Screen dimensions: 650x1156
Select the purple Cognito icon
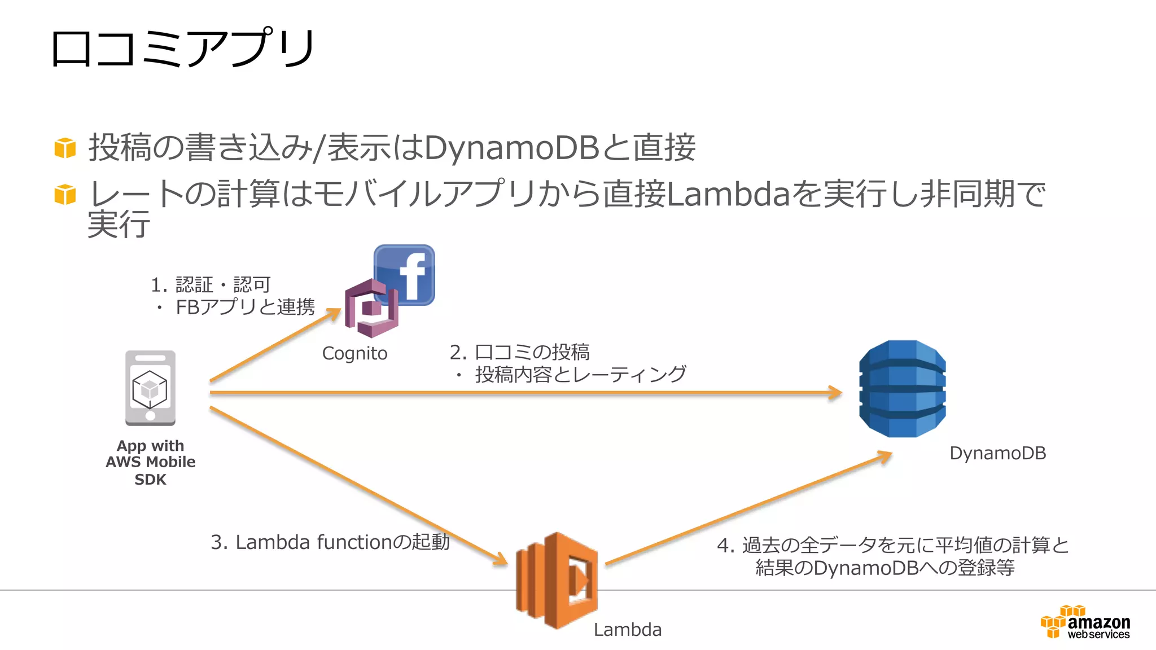pyautogui.click(x=371, y=308)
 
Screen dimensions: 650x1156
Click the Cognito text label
pyautogui.click(x=354, y=354)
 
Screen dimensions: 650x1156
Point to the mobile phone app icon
pyautogui.click(x=150, y=388)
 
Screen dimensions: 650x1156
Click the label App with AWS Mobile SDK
pyautogui.click(x=150, y=462)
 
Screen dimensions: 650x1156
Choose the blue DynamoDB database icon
pyautogui.click(x=902, y=389)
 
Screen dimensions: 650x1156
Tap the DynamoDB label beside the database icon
pyautogui.click(x=997, y=453)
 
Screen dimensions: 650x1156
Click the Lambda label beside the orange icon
pyautogui.click(x=627, y=630)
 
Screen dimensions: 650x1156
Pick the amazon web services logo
pyautogui.click(x=1085, y=623)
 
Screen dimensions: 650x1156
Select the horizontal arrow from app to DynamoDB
pyautogui.click(x=525, y=393)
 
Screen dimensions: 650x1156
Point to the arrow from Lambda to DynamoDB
pyautogui.click(x=748, y=508)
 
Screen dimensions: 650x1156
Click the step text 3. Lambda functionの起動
pyautogui.click(x=330, y=542)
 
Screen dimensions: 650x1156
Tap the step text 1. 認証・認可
pyautogui.click(x=211, y=284)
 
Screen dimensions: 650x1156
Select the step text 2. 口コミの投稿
pyautogui.click(x=519, y=352)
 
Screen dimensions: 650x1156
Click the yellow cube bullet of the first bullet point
pyautogui.click(x=65, y=148)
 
